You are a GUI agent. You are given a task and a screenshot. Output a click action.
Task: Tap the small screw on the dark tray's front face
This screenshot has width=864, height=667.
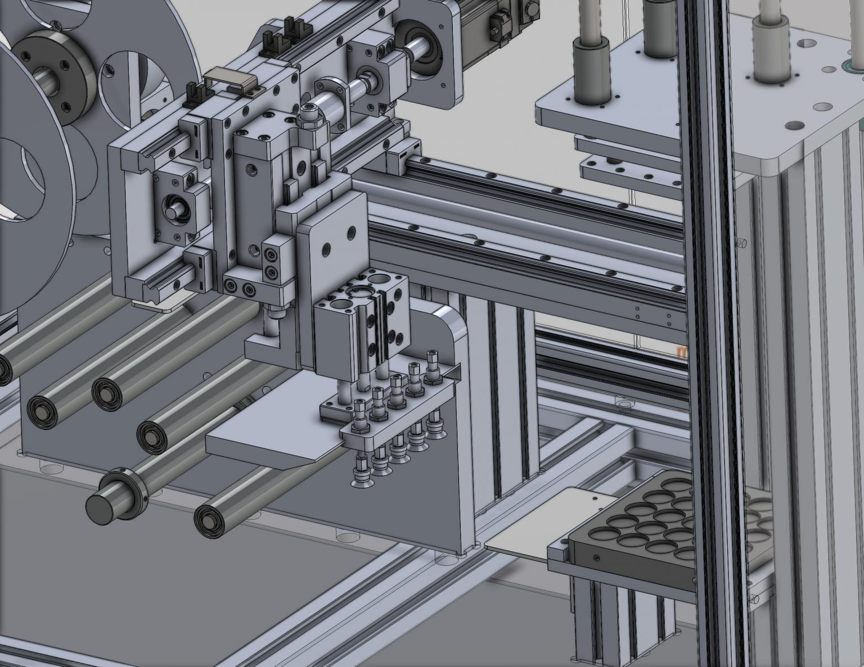[x=596, y=557]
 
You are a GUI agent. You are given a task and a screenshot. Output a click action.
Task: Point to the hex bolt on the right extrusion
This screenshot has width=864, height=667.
[x=741, y=242]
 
